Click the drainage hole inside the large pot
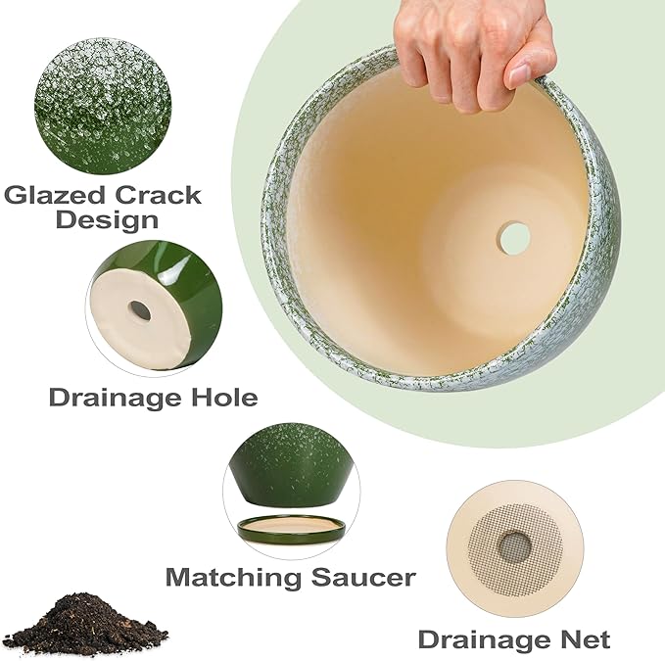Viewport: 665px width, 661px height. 513,237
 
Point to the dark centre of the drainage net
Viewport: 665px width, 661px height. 514,546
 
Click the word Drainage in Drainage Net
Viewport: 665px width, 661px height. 478,639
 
